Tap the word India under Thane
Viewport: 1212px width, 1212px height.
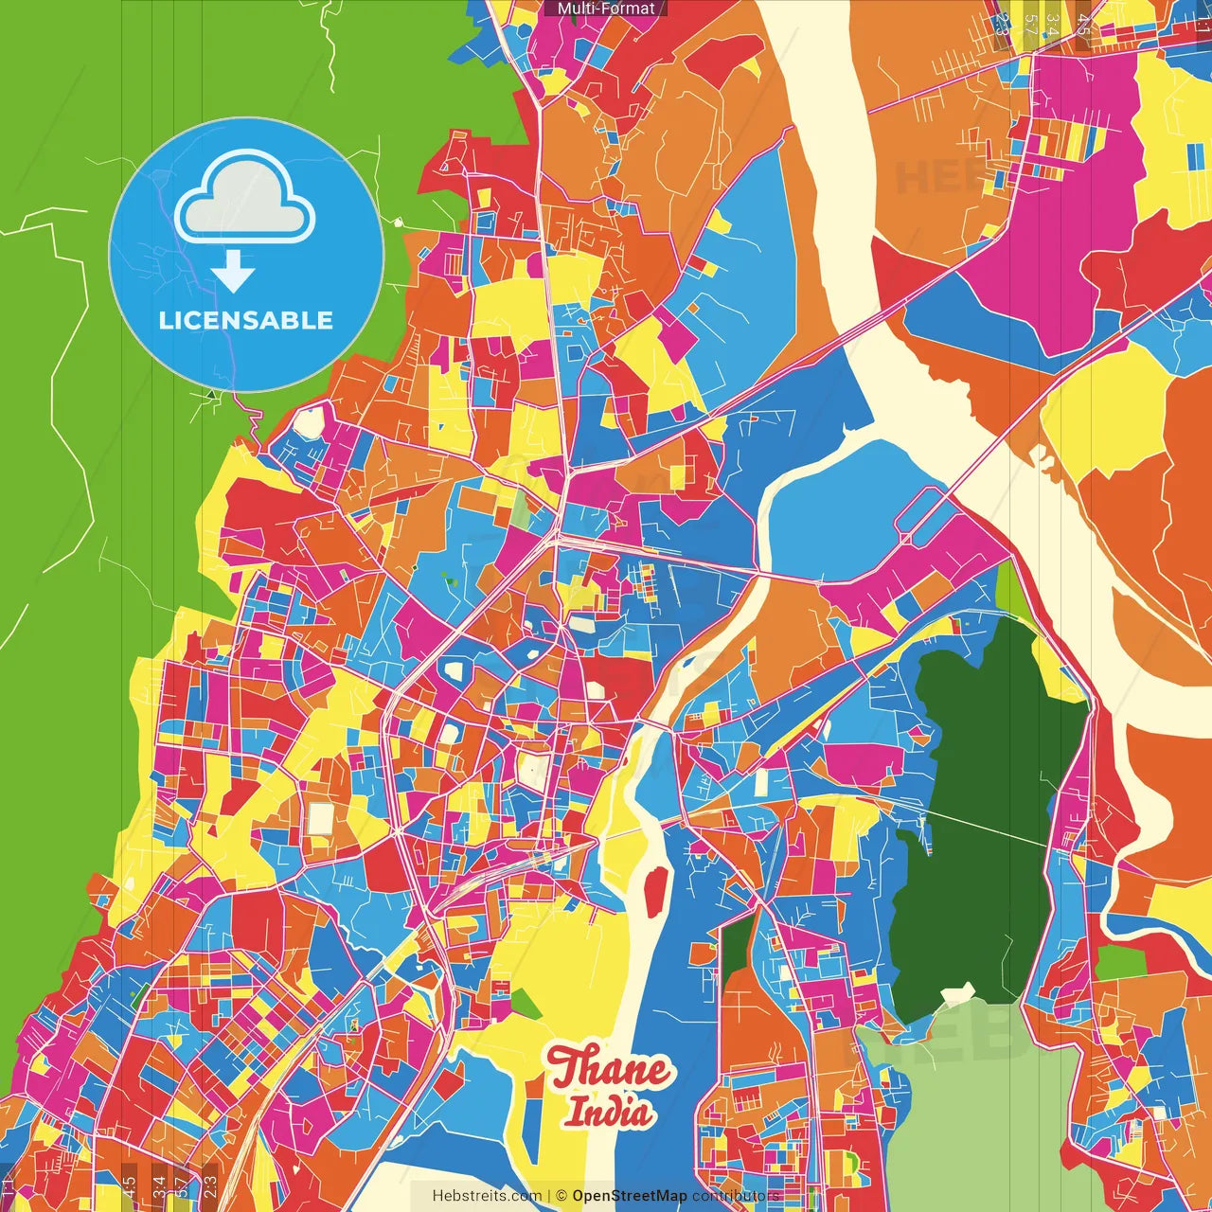pyautogui.click(x=609, y=1112)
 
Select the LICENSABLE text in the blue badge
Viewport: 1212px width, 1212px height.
pyautogui.click(x=245, y=320)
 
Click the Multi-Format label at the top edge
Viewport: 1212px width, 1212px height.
pyautogui.click(x=605, y=9)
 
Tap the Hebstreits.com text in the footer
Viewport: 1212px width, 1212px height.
pyautogui.click(x=487, y=1196)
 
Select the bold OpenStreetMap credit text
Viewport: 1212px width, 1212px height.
pyautogui.click(x=630, y=1196)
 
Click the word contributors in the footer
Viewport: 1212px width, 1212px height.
pyautogui.click(x=736, y=1196)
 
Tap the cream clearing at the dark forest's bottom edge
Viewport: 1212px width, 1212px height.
pyautogui.click(x=958, y=995)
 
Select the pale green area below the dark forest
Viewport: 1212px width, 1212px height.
pyautogui.click(x=975, y=1108)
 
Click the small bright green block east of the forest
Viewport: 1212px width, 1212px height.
pyautogui.click(x=1120, y=962)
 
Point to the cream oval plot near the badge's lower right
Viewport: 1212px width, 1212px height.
pyautogui.click(x=309, y=424)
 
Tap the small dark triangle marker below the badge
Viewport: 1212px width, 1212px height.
pyautogui.click(x=210, y=393)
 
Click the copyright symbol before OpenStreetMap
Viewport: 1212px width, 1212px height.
pyautogui.click(x=561, y=1196)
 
